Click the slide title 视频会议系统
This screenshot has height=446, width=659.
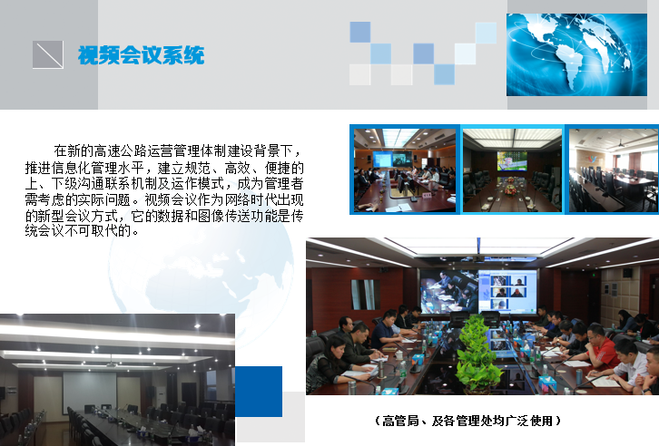[142, 55]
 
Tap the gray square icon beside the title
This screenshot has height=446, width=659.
[48, 54]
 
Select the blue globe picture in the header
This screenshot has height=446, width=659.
[576, 54]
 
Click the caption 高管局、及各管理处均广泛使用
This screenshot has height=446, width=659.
[467, 421]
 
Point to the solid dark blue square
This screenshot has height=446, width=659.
[259, 392]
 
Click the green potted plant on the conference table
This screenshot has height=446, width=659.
[478, 354]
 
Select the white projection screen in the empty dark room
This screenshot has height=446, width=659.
[90, 393]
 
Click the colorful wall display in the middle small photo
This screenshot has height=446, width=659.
[512, 161]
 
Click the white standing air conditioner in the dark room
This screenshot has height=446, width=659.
[160, 400]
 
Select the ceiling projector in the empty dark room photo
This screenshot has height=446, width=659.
[111, 364]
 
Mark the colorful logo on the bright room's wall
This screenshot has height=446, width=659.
[592, 159]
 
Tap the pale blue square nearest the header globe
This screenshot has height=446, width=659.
[486, 33]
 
